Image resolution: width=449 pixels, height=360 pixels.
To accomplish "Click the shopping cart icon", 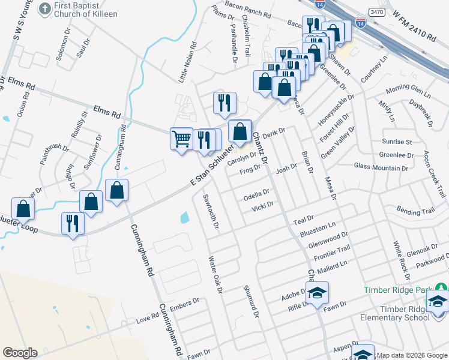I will click(181, 139).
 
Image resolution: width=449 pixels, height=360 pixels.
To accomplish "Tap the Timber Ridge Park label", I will click(403, 289).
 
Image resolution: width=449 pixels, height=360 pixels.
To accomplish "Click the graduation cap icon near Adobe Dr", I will click(317, 293).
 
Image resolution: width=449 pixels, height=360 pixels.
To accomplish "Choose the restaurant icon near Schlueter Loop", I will click(73, 224).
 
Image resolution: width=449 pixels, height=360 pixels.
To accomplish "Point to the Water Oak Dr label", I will click(215, 275).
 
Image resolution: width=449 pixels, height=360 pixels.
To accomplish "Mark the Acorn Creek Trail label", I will click(434, 174).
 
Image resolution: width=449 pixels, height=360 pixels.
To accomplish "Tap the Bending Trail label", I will click(415, 211).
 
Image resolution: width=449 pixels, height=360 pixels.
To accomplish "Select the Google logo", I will click(20, 353).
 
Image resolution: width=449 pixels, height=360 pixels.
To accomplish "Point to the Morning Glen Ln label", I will click(408, 91).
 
